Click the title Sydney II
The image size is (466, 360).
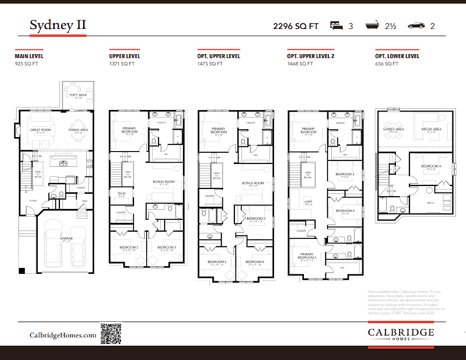coord(58,26)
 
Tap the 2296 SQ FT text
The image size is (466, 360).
coord(296,26)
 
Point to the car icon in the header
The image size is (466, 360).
coord(416,26)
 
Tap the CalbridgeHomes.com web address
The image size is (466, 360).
coord(63,334)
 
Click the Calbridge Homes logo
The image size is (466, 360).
coord(400,334)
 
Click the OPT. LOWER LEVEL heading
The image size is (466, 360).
coord(397,55)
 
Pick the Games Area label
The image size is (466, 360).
coord(394,130)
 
